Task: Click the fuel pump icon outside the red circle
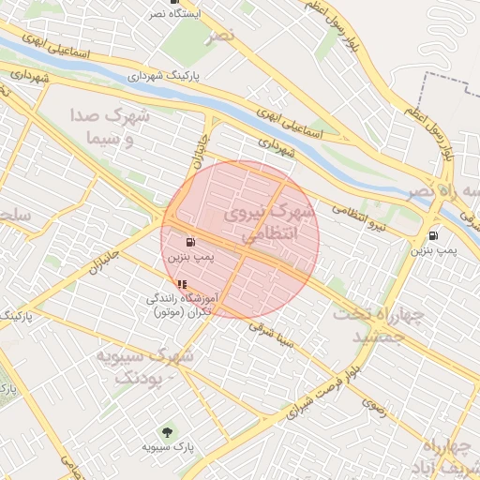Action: [x=432, y=235]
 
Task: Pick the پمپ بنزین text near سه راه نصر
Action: [x=433, y=250]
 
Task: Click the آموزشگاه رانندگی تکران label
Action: [x=183, y=304]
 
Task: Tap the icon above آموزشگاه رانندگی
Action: [x=181, y=283]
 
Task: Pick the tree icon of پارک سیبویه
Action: [x=167, y=432]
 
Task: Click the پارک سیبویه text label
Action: [x=168, y=448]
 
